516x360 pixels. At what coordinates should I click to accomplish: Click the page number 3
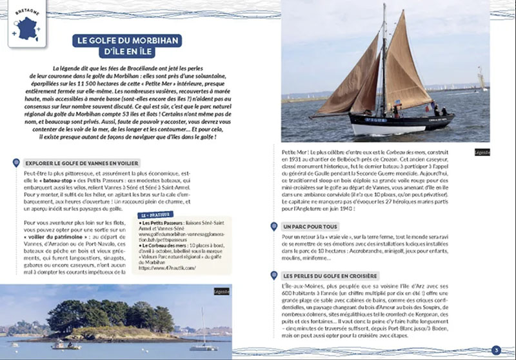(x=495, y=350)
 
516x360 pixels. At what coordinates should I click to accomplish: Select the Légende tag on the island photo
(x=222, y=292)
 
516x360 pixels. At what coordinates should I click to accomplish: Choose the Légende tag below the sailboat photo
(x=481, y=152)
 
